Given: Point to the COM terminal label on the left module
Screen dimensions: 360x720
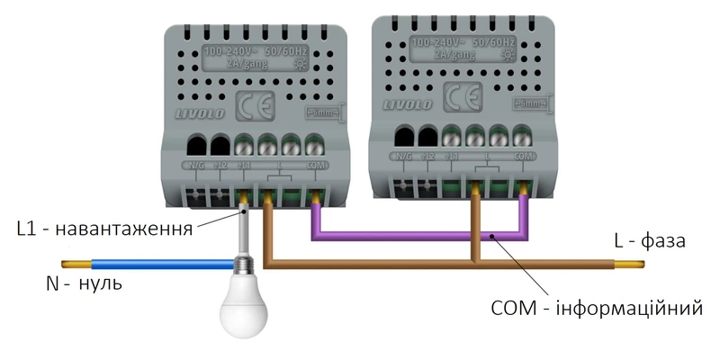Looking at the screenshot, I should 315,166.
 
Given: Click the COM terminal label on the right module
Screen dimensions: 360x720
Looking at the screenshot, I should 524,156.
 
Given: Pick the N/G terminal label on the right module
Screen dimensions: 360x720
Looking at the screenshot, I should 401,156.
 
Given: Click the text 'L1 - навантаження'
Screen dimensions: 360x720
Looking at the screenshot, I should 104,229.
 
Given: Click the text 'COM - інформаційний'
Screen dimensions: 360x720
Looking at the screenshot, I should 595,309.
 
